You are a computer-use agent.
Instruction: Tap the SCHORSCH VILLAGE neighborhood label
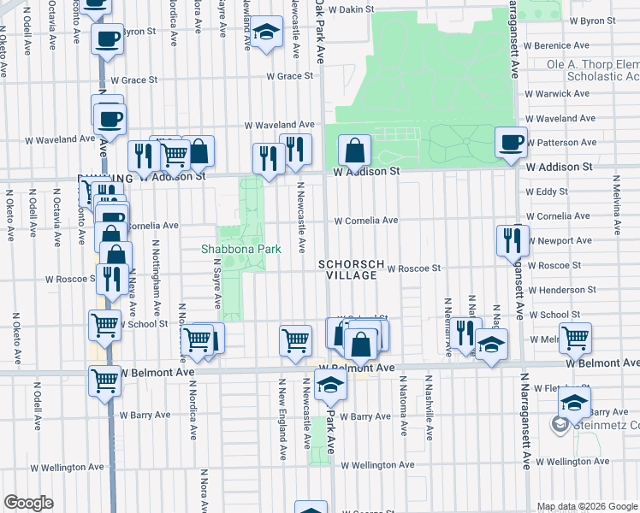pos(347,269)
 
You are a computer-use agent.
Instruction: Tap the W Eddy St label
pos(547,192)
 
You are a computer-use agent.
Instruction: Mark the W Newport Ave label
pos(560,241)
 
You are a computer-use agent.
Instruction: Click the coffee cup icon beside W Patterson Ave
pos(512,142)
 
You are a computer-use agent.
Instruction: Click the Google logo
pos(29,503)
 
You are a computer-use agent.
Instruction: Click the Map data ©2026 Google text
pos(586,506)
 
